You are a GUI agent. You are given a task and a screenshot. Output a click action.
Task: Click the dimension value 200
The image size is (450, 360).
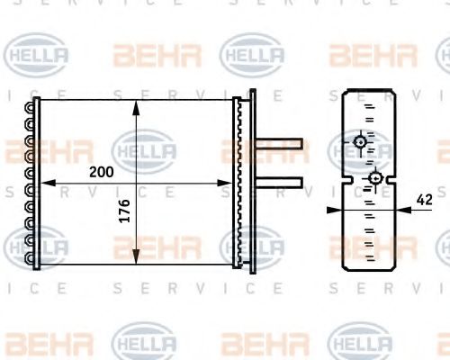[101, 171]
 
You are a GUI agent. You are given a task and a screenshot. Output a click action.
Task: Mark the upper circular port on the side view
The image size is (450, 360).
[360, 141]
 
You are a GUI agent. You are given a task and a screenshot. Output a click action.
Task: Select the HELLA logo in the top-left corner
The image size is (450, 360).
[38, 56]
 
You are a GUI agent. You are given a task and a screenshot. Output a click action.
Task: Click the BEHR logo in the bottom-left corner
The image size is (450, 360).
[38, 342]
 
